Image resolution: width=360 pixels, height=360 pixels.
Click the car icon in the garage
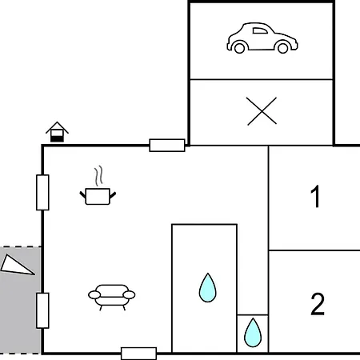[262, 38]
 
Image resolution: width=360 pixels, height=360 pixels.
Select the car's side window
[260, 30]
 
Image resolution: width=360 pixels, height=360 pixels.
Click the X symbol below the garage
[262, 111]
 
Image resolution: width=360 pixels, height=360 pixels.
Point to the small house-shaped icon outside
[57, 132]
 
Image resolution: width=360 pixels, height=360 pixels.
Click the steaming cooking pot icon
[98, 186]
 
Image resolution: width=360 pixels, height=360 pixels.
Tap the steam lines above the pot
[98, 176]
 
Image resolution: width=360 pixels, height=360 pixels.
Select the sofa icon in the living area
[112, 298]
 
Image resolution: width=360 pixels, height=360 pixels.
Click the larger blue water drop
[207, 288]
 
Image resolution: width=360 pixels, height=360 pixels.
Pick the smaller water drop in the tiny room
[253, 333]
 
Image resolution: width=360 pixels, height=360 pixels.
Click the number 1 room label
[315, 196]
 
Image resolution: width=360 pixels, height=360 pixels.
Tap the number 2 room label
[318, 304]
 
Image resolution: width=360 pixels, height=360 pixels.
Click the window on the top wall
[167, 146]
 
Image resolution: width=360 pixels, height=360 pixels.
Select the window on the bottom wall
[139, 354]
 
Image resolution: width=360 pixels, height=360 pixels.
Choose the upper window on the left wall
[42, 193]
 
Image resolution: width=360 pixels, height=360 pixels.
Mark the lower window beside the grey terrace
[42, 310]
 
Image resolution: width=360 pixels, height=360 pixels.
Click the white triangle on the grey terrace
[15, 266]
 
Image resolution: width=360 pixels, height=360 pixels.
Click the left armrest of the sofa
[94, 295]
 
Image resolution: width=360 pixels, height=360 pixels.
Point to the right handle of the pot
[113, 195]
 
